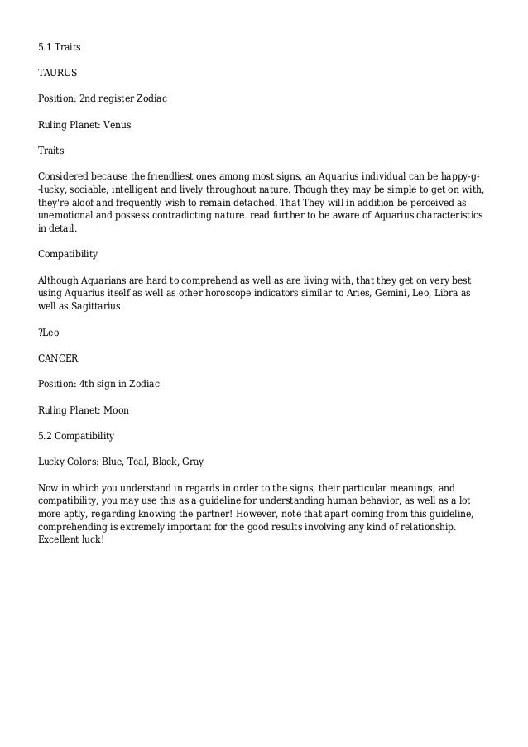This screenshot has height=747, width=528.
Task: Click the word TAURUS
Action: pos(57,73)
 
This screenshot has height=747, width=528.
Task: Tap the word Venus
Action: pos(116,125)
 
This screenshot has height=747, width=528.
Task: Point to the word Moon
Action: pos(115,409)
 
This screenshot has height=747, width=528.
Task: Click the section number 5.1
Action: pos(46,46)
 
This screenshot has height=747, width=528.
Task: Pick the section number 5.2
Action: pos(46,435)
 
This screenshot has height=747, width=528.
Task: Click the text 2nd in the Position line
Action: pos(89,98)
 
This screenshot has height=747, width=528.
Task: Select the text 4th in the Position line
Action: pos(87,384)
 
